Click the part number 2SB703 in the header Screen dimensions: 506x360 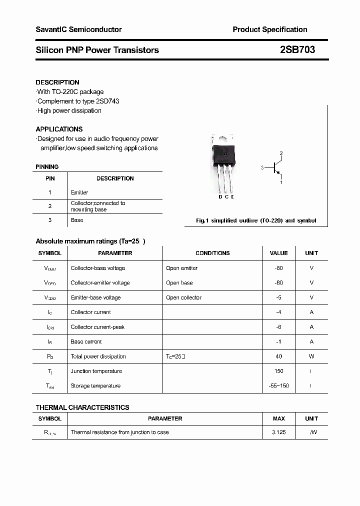297,50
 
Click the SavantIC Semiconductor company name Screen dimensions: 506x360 78,29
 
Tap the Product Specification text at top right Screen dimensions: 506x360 269,29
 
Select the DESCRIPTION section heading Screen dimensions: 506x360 57,82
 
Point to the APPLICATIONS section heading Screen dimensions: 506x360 59,129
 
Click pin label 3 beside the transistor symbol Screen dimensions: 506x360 262,168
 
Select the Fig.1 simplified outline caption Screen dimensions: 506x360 255,220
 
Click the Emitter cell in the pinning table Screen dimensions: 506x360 79,192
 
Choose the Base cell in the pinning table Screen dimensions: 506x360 77,220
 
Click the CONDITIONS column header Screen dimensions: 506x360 212,253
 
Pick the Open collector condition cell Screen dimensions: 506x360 183,297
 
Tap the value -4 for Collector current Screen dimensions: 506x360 278,312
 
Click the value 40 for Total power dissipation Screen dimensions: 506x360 278,356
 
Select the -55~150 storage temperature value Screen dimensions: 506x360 278,386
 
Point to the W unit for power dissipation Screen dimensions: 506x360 311,356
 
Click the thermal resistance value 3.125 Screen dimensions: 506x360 278,432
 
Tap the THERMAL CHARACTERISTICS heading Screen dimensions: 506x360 82,407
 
